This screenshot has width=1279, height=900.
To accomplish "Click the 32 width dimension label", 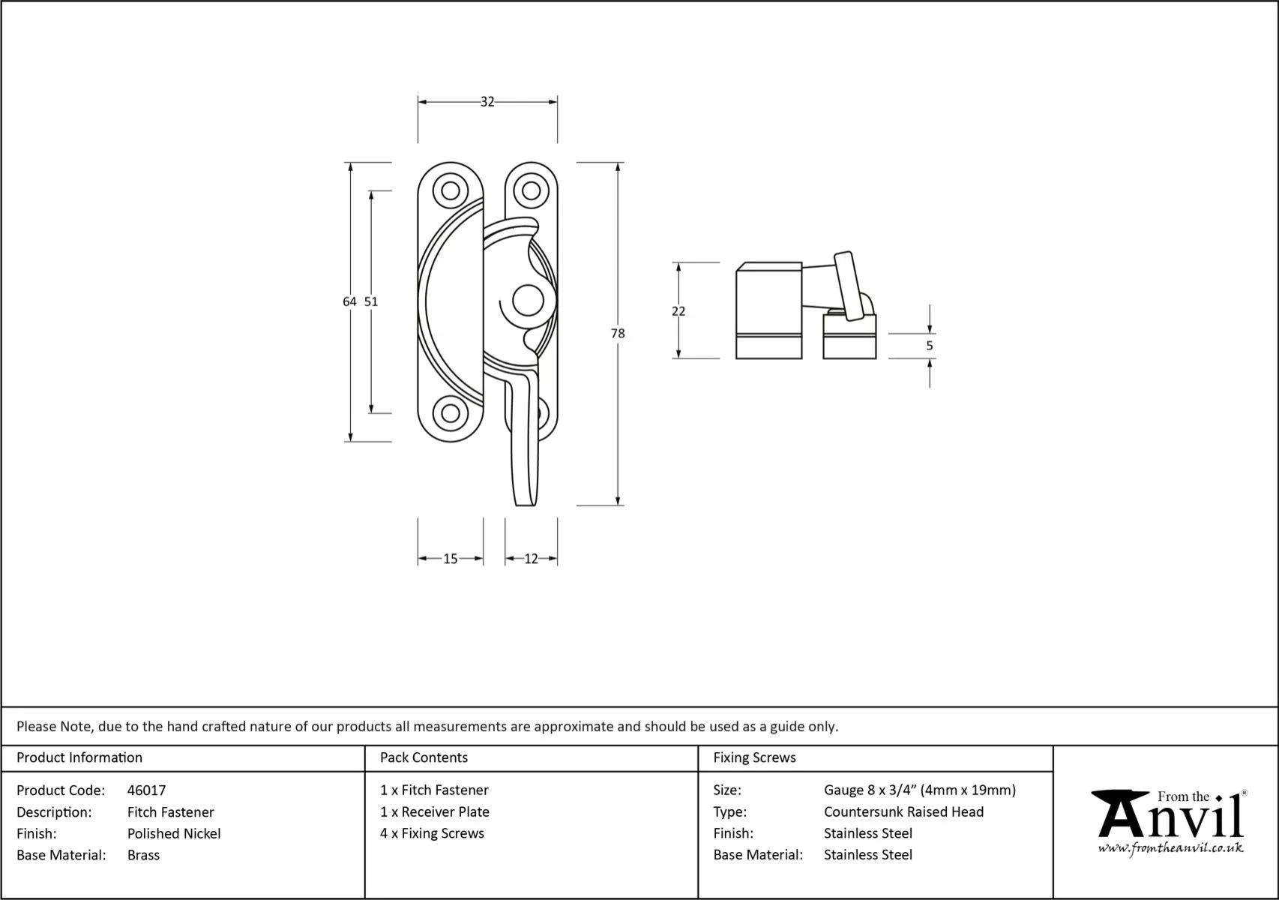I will tap(487, 102).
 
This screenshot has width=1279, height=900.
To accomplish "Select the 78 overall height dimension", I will tap(617, 334).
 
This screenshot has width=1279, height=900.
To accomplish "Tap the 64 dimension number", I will tap(349, 301).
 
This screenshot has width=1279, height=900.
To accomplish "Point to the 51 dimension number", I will tap(371, 301).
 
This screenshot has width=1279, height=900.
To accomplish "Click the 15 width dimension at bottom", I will tap(450, 559).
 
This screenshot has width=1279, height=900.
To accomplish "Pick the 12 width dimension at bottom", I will tap(531, 559).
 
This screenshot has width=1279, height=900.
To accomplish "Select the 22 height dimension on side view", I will tap(678, 311).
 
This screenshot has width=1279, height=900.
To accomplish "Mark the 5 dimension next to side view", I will tap(930, 346).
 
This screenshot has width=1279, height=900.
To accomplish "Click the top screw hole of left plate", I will tap(451, 190).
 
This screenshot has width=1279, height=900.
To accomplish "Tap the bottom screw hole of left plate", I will tap(451, 412).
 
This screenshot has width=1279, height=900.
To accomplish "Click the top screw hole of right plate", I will tap(532, 190).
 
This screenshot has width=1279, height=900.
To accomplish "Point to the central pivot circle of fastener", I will tap(528, 301).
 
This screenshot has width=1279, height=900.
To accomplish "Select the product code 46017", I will tap(147, 790).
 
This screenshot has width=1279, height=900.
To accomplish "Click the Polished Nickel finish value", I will tap(174, 833).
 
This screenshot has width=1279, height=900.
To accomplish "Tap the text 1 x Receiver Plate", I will tap(435, 811).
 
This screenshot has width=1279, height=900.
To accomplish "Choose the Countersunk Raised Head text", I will tap(903, 811).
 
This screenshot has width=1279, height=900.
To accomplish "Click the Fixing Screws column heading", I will tap(754, 757).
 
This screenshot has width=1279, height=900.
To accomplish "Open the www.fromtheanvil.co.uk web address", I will tap(1170, 848).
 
